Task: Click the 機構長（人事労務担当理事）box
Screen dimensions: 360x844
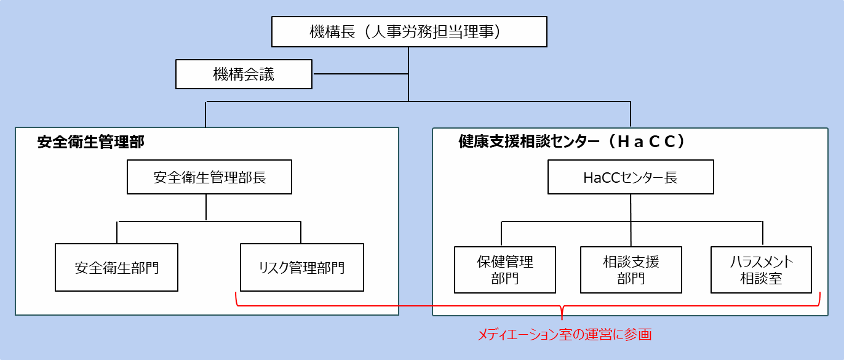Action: click(409, 32)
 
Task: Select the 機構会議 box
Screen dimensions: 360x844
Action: click(244, 74)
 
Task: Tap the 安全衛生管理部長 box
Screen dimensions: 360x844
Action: click(209, 178)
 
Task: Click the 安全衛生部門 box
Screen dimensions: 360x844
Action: click(116, 268)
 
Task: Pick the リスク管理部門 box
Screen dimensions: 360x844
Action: click(301, 268)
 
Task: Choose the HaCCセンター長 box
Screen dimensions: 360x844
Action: click(631, 178)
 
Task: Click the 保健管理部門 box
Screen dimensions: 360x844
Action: click(504, 270)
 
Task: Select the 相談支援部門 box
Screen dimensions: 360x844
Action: click(631, 270)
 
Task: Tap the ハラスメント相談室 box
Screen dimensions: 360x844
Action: click(761, 270)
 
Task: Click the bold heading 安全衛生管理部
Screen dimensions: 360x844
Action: click(91, 142)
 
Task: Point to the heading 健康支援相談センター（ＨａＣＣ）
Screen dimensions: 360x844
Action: click(572, 142)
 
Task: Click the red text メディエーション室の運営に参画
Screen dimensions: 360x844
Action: click(564, 335)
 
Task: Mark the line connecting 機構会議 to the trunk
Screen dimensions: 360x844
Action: click(360, 74)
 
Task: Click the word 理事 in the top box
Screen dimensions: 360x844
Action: click(485, 32)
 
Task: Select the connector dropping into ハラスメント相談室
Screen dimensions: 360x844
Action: click(763, 234)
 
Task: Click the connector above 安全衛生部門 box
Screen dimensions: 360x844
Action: click(117, 232)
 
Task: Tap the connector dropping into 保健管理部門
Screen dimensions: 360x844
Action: click(501, 234)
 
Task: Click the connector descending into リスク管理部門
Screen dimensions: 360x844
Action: click(301, 232)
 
